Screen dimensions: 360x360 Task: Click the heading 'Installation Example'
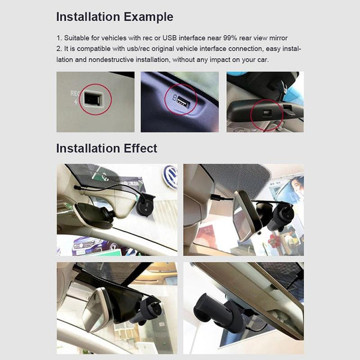115,17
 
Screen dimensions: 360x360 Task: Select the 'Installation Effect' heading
107,148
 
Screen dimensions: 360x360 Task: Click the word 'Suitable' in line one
77,38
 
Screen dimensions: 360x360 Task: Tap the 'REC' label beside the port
75,93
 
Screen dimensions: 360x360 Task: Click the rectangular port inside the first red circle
91,98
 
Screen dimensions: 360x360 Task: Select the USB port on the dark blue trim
182,101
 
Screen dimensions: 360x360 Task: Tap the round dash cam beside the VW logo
144,205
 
